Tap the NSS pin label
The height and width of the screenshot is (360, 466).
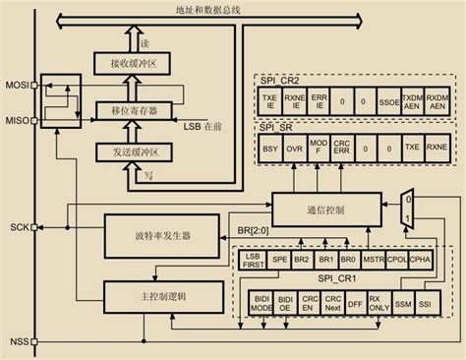(x=18, y=343)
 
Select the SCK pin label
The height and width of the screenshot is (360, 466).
(x=18, y=227)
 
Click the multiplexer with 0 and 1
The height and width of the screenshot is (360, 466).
(x=407, y=209)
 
